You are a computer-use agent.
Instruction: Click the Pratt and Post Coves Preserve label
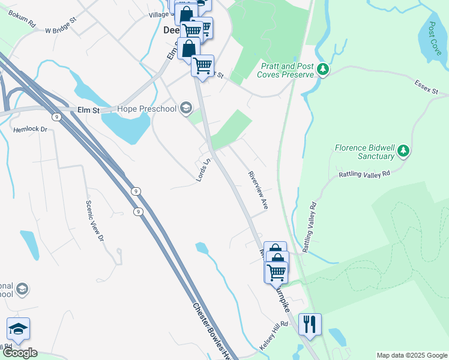point(285,70)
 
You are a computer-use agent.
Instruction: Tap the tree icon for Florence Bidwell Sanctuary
point(403,151)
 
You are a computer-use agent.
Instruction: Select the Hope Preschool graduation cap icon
point(186,109)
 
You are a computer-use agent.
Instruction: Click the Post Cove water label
point(435,39)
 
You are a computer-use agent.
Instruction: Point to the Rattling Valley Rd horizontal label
point(364,173)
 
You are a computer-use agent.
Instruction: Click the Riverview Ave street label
point(258,190)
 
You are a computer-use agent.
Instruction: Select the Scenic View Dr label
point(95,220)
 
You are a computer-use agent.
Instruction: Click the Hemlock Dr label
point(30,129)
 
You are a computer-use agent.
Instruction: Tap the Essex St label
point(426,88)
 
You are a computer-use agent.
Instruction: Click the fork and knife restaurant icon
point(310,325)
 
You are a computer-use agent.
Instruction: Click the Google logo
point(20,353)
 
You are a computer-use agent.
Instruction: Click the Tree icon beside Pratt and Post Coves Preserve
point(324,70)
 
